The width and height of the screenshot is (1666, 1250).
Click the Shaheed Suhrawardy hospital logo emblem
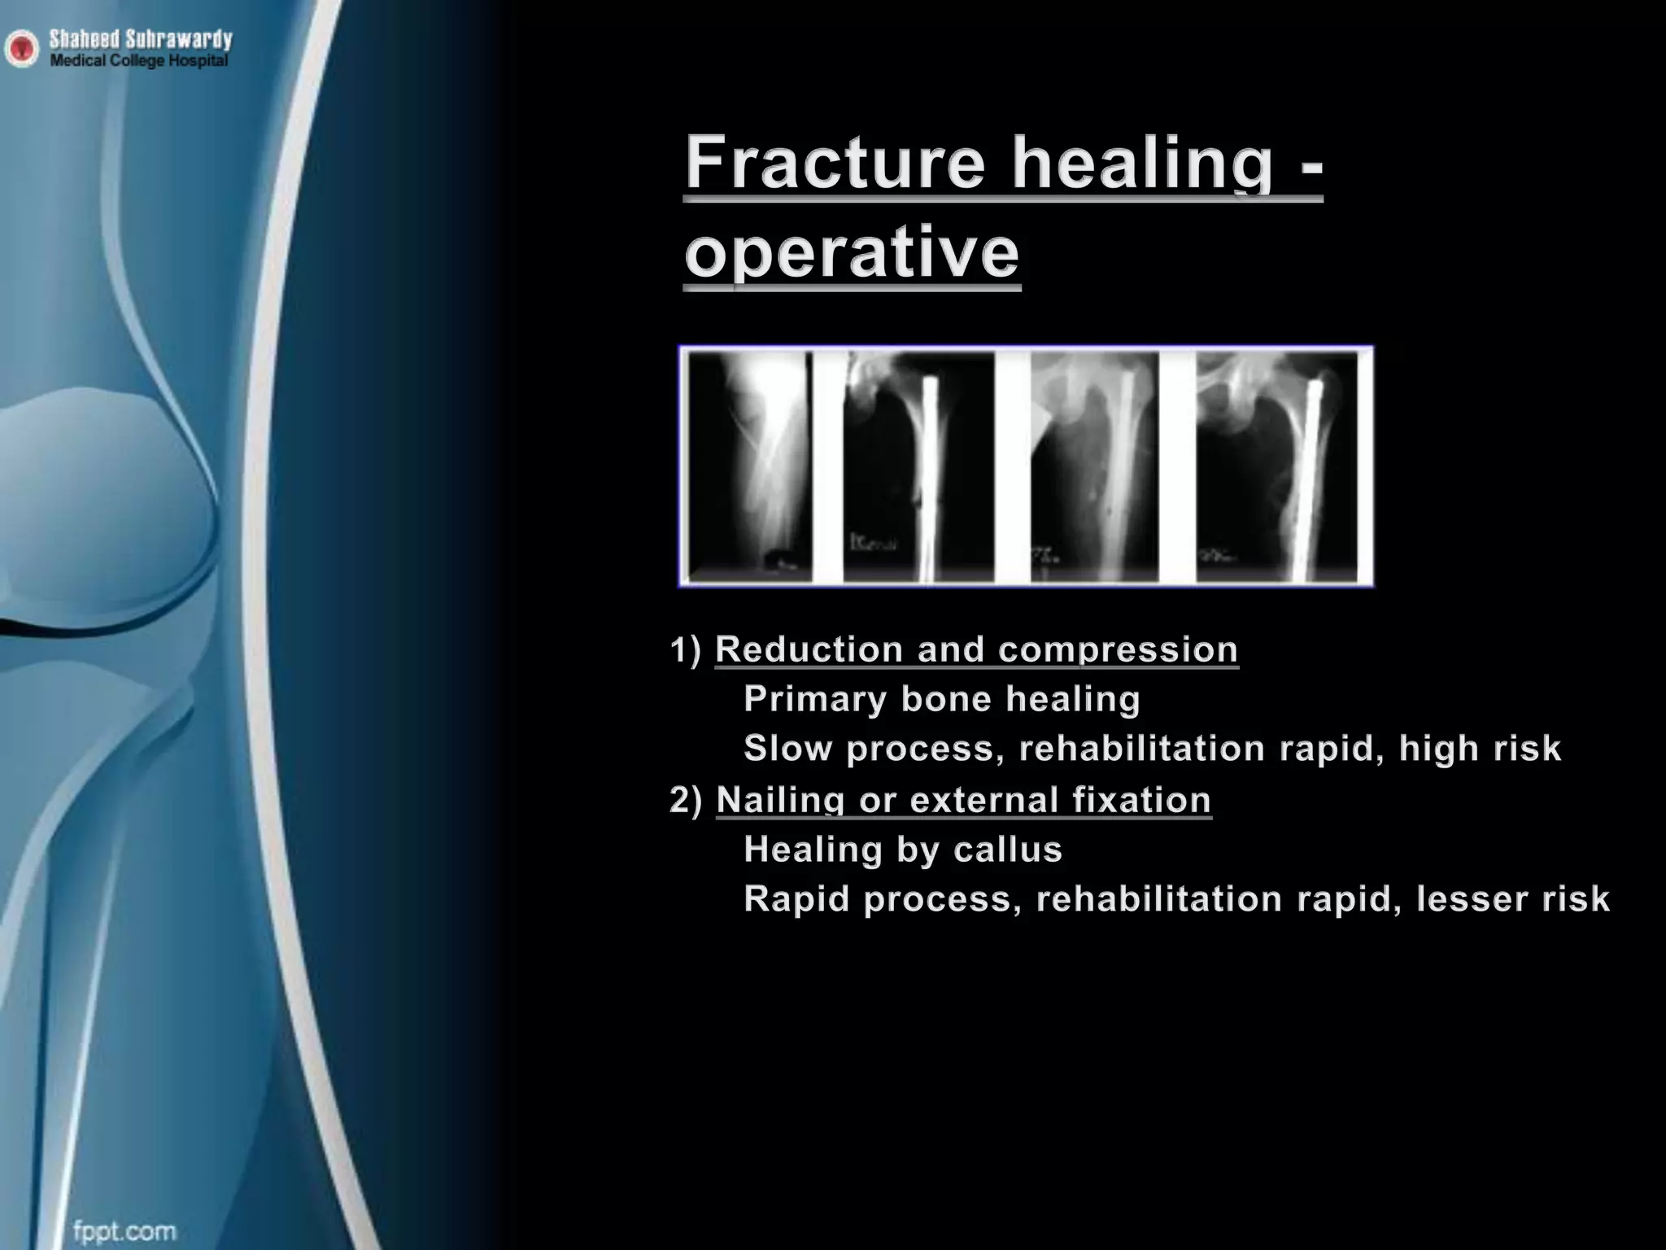(21, 50)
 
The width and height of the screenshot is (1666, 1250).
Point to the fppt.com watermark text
(124, 1230)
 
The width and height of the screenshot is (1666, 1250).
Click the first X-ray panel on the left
(749, 466)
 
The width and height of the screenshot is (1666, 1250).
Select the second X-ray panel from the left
(918, 466)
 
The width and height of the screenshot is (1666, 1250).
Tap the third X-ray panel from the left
(1094, 466)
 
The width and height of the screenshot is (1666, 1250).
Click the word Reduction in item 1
(809, 649)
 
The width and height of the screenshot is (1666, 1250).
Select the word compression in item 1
(1118, 649)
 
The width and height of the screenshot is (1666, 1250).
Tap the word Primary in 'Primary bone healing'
(815, 699)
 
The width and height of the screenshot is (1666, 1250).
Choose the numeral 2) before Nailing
(686, 800)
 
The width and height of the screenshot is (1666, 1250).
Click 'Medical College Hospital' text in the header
(139, 61)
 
